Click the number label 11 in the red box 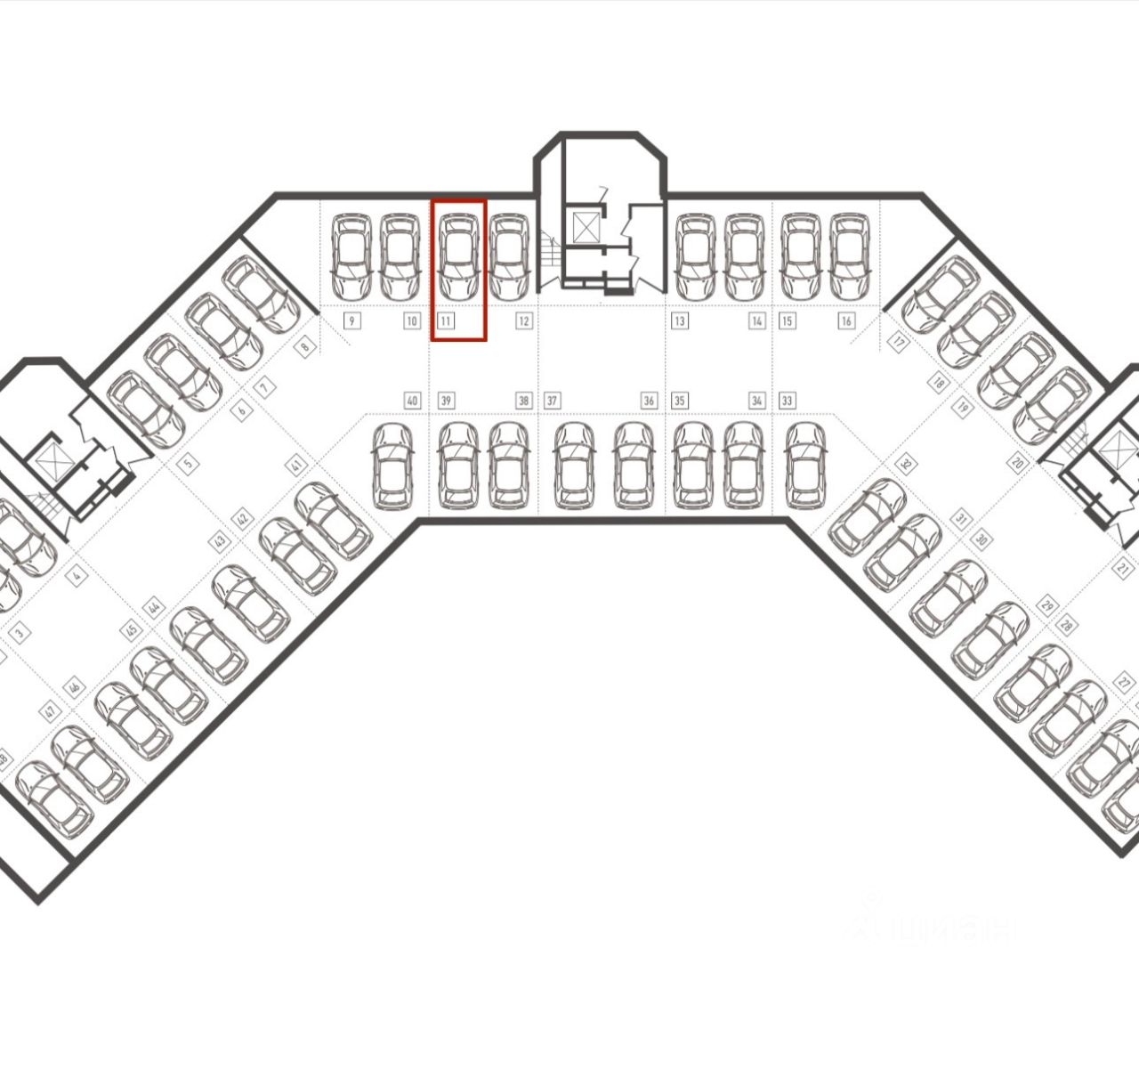coord(446,320)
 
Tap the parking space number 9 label coord(352,320)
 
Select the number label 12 coord(523,320)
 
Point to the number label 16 coord(845,320)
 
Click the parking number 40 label coord(411,401)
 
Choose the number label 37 coord(552,401)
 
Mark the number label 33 coord(787,401)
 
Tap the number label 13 coord(680,320)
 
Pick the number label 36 coord(649,401)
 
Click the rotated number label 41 coord(296,466)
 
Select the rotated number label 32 coord(906,463)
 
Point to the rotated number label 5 coord(187,462)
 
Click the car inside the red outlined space coord(459,257)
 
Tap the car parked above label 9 coord(351,257)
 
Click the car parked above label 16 coord(849,257)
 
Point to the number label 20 coord(1017,463)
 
